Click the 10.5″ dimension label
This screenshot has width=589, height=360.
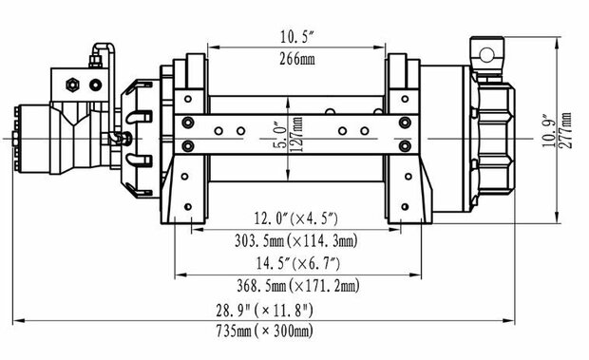296,37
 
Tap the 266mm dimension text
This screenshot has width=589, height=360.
297,59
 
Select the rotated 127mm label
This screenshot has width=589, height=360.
297,135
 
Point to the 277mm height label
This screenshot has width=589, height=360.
566,130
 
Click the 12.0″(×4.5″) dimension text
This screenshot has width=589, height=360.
296,218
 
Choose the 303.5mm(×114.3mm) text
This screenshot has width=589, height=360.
296,240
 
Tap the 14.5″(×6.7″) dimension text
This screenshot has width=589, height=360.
298,263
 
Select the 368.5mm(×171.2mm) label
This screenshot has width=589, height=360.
298,286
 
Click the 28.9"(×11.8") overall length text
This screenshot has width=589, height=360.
264,311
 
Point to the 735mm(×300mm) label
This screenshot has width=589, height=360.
264,332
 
